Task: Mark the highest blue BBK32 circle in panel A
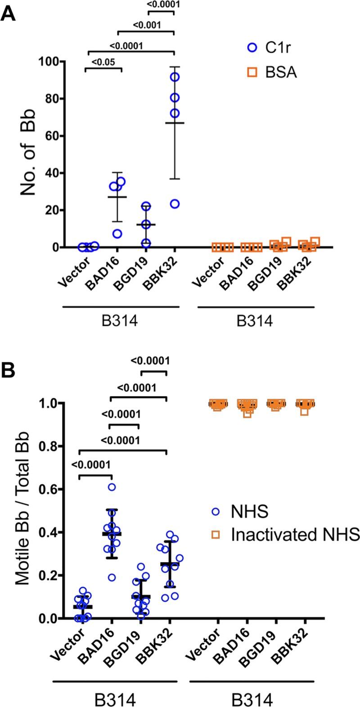point(175,77)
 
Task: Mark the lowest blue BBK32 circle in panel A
point(175,204)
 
